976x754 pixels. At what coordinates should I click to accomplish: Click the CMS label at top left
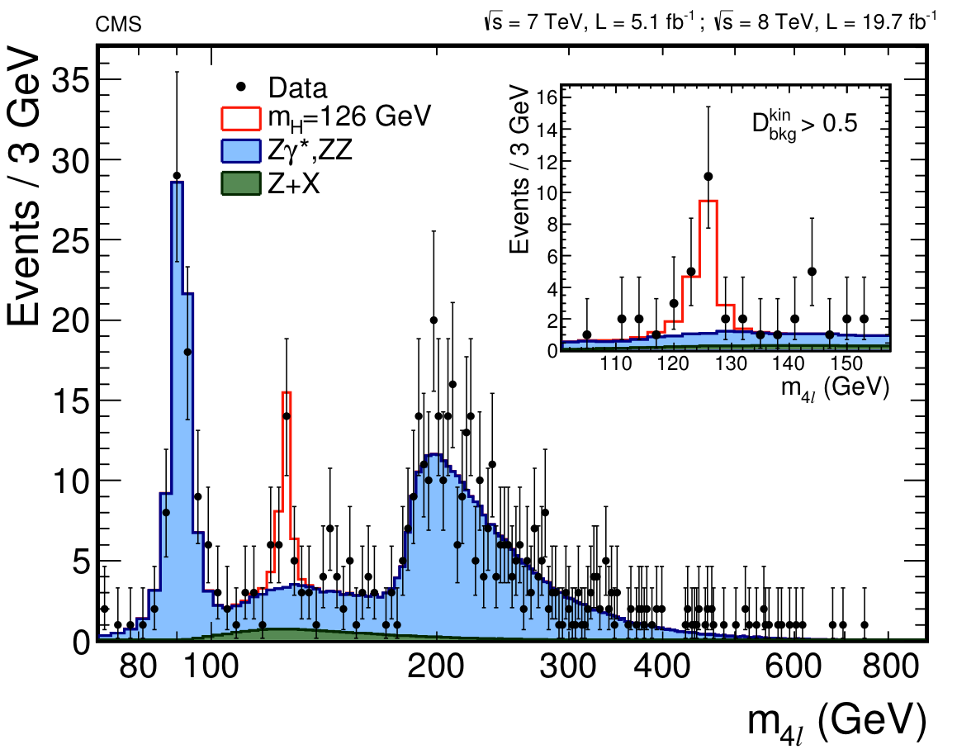pos(119,25)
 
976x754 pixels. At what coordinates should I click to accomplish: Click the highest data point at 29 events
pos(177,175)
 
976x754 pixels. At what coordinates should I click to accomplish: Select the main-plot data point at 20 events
pos(434,320)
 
